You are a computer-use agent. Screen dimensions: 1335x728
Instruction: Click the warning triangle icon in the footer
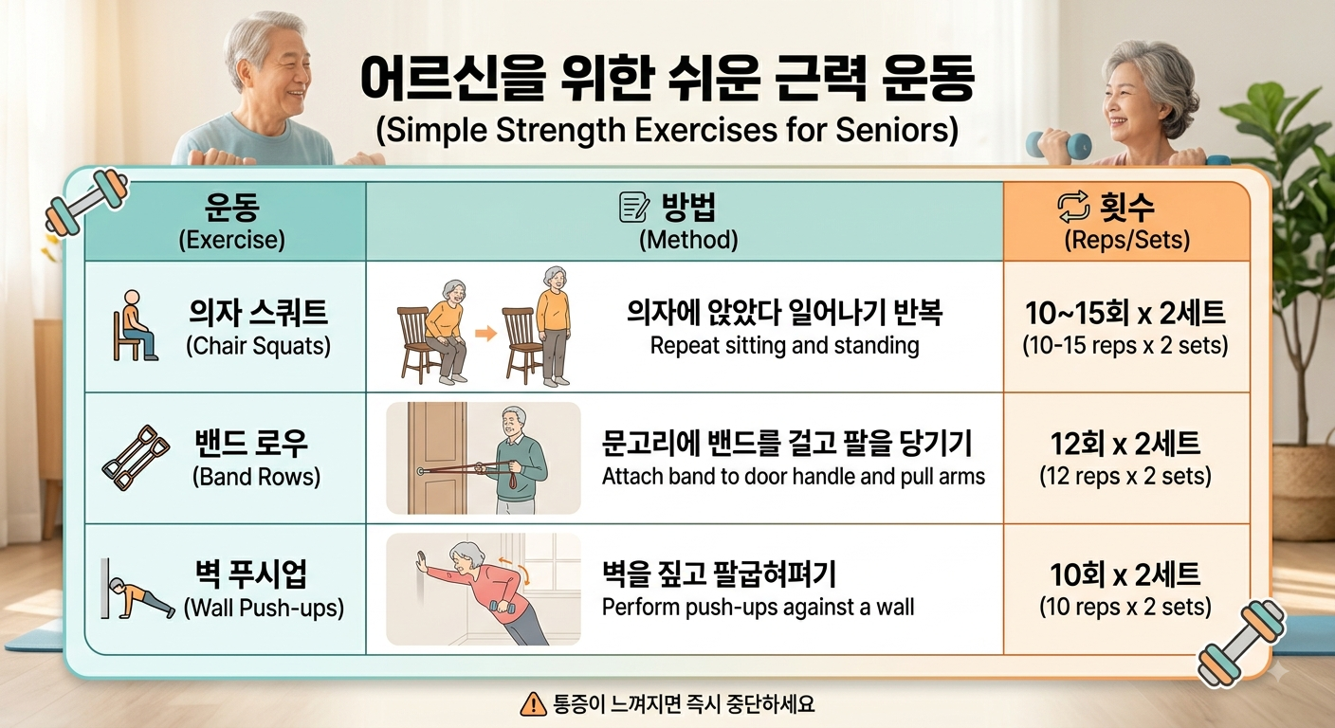pos(533,704)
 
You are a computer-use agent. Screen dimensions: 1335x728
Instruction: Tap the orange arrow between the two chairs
pos(485,333)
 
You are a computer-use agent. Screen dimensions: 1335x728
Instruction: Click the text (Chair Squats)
pos(258,346)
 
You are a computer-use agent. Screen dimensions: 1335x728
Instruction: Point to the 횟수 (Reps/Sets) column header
pos(1126,222)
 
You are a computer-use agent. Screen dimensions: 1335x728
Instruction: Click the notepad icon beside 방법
pos(634,207)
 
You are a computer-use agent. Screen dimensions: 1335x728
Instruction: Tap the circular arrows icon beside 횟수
pos(1073,207)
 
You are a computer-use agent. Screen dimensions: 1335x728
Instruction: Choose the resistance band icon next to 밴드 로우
pos(136,458)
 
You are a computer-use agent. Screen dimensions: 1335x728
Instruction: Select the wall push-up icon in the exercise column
pos(137,590)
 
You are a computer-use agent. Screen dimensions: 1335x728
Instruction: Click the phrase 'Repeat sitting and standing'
pos(784,346)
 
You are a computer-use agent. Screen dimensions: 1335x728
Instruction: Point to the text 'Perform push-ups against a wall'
pos(758,607)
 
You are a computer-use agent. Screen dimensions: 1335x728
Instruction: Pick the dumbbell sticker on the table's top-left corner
pos(87,201)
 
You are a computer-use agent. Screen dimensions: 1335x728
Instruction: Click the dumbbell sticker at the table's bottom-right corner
pos(1242,643)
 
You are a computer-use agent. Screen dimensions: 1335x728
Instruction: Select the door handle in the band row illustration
pos(421,472)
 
